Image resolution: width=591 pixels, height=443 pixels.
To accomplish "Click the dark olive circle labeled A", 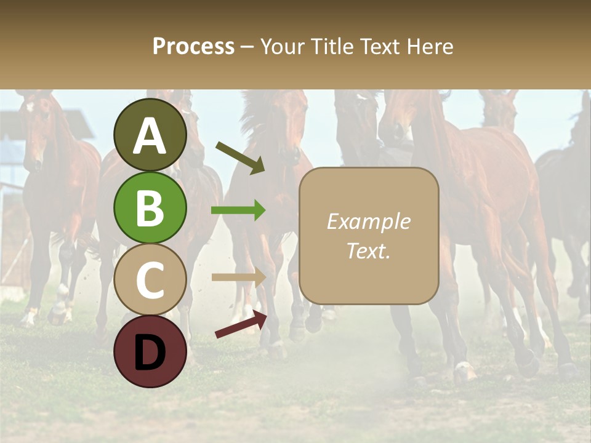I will tap(150, 135).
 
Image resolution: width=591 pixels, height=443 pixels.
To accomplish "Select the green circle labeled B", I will tap(150, 207).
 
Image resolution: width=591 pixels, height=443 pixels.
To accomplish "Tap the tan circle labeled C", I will tap(150, 279).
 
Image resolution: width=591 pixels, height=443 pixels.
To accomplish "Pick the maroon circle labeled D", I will tap(150, 351).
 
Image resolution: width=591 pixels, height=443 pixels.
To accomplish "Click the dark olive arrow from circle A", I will tap(240, 158).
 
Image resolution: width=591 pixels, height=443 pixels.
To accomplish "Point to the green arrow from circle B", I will tap(238, 210).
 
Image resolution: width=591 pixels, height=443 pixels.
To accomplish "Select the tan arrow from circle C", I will tap(239, 277).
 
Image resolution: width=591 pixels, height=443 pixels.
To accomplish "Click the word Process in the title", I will tap(193, 47).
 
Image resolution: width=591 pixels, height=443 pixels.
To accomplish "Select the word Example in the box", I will tap(368, 221).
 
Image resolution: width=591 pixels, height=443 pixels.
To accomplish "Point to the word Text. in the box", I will tap(368, 250).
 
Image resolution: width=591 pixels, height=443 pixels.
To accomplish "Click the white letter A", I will tap(150, 136).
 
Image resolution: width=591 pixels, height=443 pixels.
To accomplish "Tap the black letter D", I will tap(150, 353).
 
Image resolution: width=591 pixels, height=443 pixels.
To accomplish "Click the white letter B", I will tap(150, 208).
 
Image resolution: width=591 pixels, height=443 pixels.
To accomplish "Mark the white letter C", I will tap(150, 280).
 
